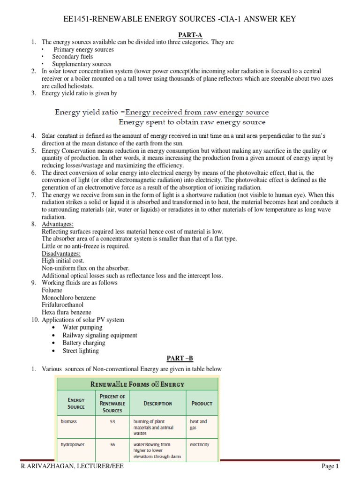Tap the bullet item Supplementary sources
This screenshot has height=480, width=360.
click(x=82, y=64)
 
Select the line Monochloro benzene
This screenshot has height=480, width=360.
click(x=69, y=298)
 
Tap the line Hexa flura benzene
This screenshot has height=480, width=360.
click(x=66, y=312)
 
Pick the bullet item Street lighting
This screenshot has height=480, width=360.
click(x=81, y=350)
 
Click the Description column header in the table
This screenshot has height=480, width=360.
click(x=157, y=403)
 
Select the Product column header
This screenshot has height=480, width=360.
click(x=202, y=403)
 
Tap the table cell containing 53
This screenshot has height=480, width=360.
click(x=112, y=421)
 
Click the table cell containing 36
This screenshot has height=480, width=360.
click(x=112, y=444)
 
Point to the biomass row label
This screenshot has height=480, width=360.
click(x=68, y=421)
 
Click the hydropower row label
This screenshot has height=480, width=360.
click(x=73, y=444)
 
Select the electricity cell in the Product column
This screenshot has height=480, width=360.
click(x=200, y=444)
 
